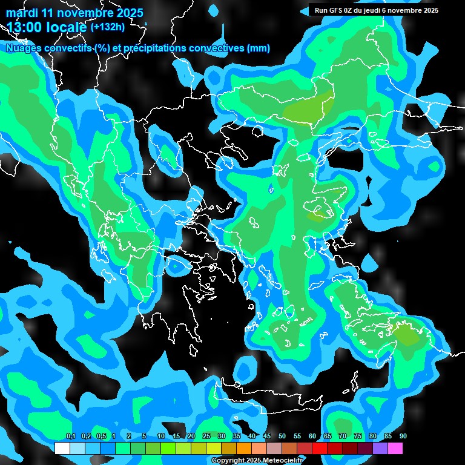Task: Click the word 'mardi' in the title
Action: [22, 13]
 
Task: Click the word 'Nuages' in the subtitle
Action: [24, 48]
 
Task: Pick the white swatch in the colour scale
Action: [62, 448]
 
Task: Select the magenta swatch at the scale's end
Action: [395, 448]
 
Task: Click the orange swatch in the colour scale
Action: [244, 448]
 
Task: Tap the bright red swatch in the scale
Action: [320, 448]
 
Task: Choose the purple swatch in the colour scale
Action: [380, 448]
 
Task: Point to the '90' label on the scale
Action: [403, 437]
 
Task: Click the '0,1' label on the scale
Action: [70, 437]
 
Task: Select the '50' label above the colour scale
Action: [282, 437]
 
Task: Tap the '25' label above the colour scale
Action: [206, 437]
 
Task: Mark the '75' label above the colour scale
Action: [358, 437]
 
